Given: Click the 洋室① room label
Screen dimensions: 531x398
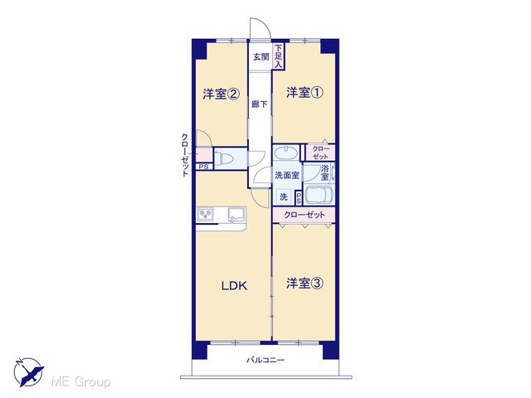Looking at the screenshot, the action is tap(304, 92).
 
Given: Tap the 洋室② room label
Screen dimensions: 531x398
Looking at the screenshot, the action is tap(222, 94).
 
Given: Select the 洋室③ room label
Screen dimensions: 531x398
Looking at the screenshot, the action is tap(304, 284).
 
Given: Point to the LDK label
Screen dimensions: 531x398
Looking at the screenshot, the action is tap(234, 286).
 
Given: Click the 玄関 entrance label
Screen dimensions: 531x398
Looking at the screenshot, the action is tap(261, 57).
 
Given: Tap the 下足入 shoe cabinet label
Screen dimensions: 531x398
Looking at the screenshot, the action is tap(279, 56).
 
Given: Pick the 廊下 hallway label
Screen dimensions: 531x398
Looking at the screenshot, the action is tap(260, 104).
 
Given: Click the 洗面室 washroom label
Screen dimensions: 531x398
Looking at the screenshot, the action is tap(287, 175).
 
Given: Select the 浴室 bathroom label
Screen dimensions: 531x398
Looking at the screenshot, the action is tap(324, 172).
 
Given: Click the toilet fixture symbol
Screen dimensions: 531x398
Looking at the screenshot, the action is tap(225, 158).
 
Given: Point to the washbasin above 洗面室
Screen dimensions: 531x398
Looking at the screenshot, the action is tap(286, 153).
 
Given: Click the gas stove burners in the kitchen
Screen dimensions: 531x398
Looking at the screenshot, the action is tap(206, 214).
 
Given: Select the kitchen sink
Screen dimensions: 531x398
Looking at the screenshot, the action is tap(236, 215).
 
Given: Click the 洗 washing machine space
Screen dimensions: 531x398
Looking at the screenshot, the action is tap(284, 197).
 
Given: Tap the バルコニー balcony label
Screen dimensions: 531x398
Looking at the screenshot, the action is tap(265, 360).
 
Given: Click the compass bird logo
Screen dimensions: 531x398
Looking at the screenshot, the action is tap(29, 371).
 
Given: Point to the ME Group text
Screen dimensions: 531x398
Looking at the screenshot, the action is tap(80, 382).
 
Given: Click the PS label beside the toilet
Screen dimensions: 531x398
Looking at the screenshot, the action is tap(203, 167).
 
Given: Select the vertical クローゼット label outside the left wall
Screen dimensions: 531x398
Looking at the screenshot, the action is tap(185, 155).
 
